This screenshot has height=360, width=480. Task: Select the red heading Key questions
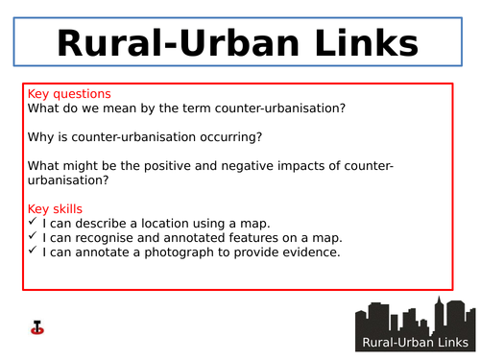(69, 94)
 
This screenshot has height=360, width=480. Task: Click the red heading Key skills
(56, 208)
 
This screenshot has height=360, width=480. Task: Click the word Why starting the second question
(42, 137)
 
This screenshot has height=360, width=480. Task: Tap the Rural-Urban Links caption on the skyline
(415, 344)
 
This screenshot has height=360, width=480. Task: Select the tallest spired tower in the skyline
(439, 313)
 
